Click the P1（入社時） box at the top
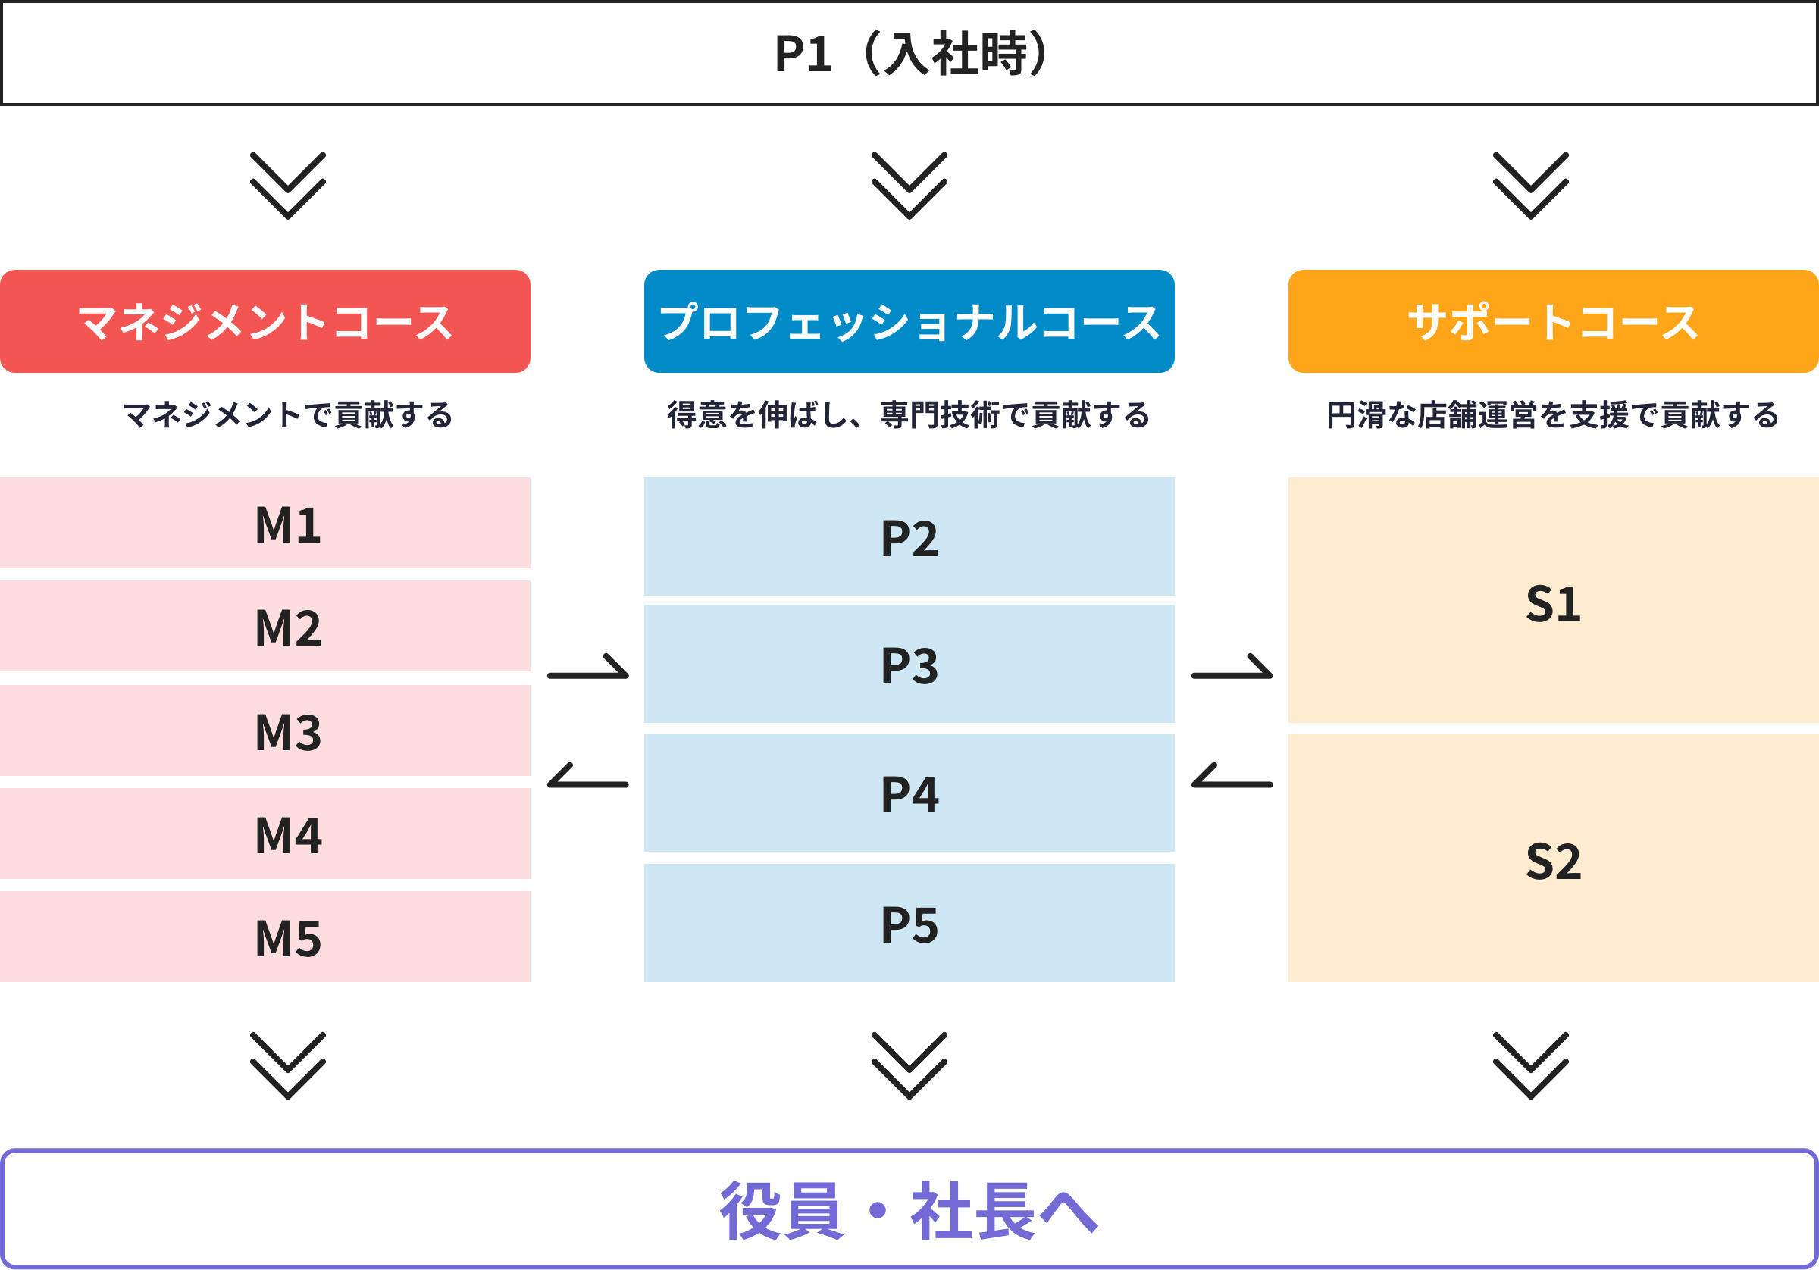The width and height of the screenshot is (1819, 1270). tap(909, 54)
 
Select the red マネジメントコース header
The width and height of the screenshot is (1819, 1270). tap(265, 321)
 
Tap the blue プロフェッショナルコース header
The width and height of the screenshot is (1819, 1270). tap(909, 321)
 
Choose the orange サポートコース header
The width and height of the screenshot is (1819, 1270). tap(1553, 321)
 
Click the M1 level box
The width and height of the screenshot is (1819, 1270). tap(265, 524)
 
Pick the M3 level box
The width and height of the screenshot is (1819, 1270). tap(265, 730)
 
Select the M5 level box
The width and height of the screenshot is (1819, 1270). tap(265, 937)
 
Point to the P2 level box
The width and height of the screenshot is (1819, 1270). tap(909, 537)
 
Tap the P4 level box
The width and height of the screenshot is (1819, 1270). tap(909, 793)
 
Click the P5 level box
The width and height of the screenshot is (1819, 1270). tap(909, 923)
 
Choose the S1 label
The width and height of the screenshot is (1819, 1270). tap(1553, 604)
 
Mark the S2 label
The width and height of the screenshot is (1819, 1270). tap(1553, 860)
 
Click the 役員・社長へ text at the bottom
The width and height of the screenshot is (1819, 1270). tap(909, 1211)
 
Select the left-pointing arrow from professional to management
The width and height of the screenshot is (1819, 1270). tap(588, 778)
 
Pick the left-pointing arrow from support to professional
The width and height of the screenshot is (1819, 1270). tap(1232, 778)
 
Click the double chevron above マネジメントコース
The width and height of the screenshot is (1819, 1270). tap(287, 186)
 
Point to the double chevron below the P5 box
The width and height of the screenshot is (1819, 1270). tap(909, 1065)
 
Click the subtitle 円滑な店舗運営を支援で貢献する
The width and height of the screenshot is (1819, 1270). tap(1553, 415)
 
